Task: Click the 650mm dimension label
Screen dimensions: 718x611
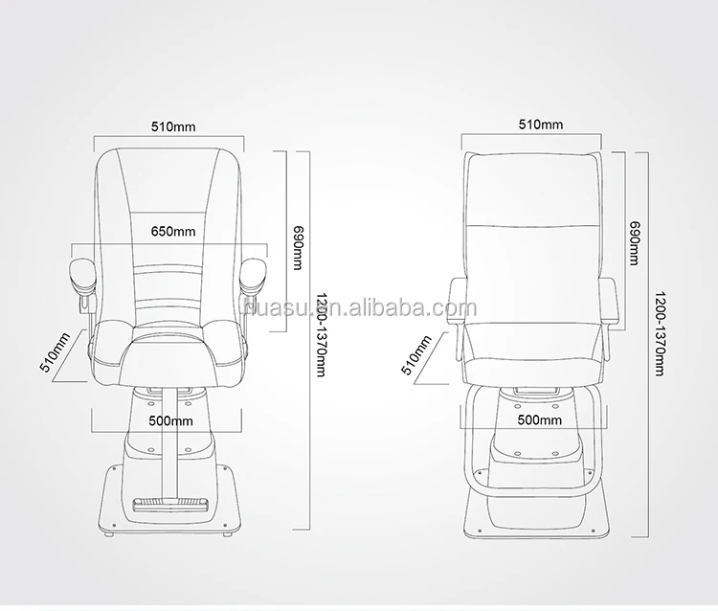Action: [173, 232]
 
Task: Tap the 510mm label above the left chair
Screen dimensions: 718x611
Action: [173, 126]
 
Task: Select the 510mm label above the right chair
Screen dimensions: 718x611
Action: [540, 124]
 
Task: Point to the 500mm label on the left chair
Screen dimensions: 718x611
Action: [170, 421]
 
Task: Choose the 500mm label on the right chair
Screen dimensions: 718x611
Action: [539, 419]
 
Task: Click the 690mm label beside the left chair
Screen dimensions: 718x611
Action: [298, 247]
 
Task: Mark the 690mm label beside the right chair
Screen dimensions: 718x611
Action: [634, 243]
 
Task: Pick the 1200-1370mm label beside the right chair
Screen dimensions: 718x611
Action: [660, 333]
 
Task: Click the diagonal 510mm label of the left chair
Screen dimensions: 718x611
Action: [56, 352]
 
